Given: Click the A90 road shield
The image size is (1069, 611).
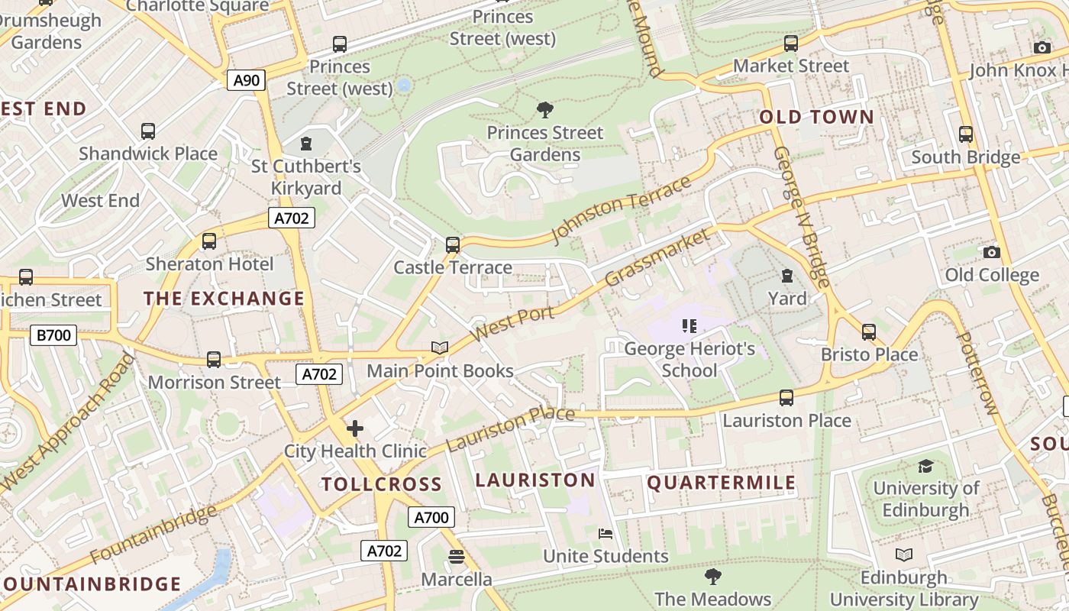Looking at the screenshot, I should pos(246,79).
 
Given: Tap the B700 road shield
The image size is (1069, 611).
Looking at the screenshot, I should pos(53,335).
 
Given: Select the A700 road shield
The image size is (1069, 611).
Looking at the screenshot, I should pos(431,517).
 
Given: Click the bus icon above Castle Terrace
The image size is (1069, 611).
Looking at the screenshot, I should pos(453,245).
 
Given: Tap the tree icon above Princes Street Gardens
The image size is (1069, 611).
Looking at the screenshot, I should pos(544,110).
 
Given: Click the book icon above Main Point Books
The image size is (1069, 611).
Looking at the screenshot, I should pos(439,348).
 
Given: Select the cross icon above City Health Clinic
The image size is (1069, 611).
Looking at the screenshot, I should pos(355,428).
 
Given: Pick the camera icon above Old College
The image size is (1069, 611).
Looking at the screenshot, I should pos(991,252).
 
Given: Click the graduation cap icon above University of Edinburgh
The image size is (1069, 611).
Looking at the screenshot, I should pos(925,466).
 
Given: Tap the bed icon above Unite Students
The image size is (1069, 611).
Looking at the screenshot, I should pos(606,533).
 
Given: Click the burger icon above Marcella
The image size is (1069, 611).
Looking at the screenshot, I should pos(457,557).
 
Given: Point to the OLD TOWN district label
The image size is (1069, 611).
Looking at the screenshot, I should pos(816,117).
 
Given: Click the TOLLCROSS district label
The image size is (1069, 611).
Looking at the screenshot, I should pos(381,484).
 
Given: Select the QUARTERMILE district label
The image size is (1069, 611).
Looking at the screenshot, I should pos(722,483).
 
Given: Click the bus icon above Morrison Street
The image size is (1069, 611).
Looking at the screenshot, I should pos(214,359).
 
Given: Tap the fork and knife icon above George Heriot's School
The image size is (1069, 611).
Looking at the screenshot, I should pos(690,327).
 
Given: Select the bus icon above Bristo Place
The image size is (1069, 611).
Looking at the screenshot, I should pos(868,332).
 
